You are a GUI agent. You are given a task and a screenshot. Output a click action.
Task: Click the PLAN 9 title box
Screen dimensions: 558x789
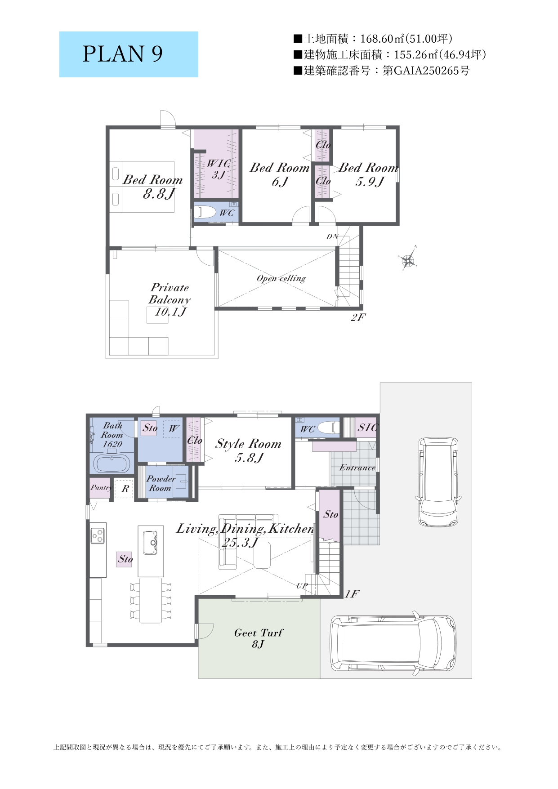coord(129,54)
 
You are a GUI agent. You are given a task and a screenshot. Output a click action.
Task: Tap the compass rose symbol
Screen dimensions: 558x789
coord(408,259)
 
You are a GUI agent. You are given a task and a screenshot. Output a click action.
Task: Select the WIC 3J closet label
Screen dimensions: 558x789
coord(219,169)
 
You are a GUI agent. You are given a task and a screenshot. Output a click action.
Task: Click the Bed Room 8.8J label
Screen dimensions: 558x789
coord(153,187)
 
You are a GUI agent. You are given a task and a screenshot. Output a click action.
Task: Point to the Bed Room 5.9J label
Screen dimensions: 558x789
coord(368,174)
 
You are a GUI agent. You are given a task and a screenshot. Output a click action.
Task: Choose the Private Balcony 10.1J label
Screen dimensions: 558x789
coord(170,300)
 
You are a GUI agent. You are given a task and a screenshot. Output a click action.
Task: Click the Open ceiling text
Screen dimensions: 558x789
coord(281,279)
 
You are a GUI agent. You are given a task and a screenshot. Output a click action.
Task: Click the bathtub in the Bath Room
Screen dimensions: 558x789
coord(112,463)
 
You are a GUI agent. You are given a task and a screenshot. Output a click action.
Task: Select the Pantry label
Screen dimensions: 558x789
coord(101,488)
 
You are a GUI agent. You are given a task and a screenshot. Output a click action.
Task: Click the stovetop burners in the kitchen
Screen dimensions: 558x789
coord(98,535)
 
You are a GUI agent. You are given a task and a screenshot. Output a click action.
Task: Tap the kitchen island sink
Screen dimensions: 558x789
coord(150,543)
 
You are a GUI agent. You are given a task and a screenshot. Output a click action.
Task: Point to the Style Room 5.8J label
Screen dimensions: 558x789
coord(248,450)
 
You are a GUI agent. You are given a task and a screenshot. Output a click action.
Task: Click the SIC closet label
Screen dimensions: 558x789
coord(368,428)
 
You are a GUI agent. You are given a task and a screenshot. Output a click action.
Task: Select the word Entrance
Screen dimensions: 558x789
coord(357,468)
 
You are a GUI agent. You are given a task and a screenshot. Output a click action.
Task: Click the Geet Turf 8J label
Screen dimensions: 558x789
coord(259,638)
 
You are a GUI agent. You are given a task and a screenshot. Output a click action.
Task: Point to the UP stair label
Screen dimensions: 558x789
coord(302,586)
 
